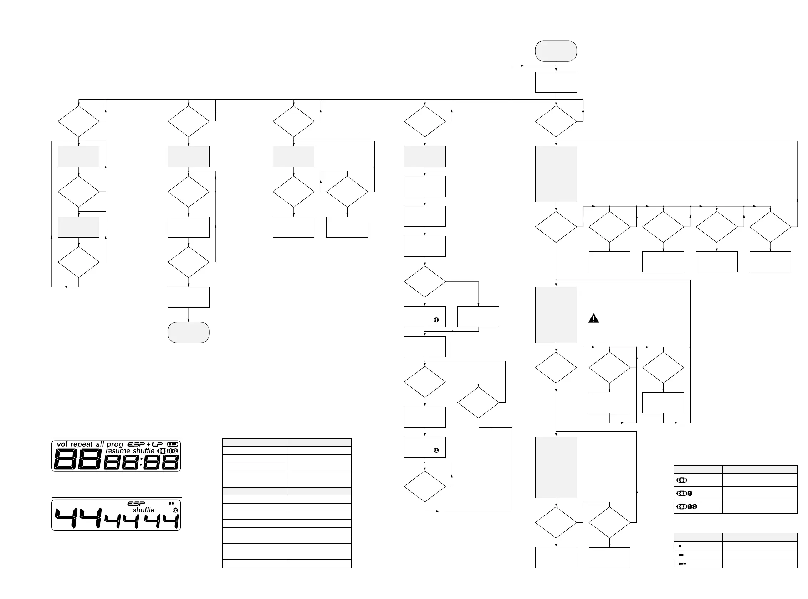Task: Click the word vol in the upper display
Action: pyautogui.click(x=62, y=444)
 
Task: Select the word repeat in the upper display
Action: pyautogui.click(x=82, y=444)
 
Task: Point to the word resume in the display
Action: pyautogui.click(x=118, y=451)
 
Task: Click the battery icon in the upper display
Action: pyautogui.click(x=172, y=444)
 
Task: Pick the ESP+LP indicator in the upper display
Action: pyautogui.click(x=145, y=444)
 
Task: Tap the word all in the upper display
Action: pyautogui.click(x=100, y=444)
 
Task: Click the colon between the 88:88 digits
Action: pyautogui.click(x=141, y=462)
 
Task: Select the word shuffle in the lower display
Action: pyautogui.click(x=143, y=510)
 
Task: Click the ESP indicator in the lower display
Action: pyautogui.click(x=136, y=504)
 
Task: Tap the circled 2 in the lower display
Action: pyautogui.click(x=175, y=510)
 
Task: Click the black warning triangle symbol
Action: pyautogui.click(x=593, y=318)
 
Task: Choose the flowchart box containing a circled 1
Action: pyautogui.click(x=425, y=317)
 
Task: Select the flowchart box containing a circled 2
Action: pyautogui.click(x=425, y=447)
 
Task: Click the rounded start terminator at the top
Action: pyautogui.click(x=556, y=51)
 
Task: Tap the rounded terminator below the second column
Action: pyautogui.click(x=188, y=333)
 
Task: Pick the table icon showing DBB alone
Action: pyautogui.click(x=682, y=480)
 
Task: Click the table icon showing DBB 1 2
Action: pyautogui.click(x=686, y=507)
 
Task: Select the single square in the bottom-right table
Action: pyautogui.click(x=680, y=546)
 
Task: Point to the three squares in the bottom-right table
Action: pyautogui.click(x=682, y=564)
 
